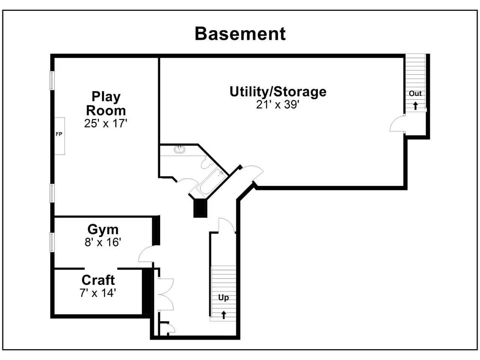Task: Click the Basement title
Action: click(x=240, y=34)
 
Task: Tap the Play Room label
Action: click(x=106, y=103)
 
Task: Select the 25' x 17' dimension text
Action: click(x=106, y=123)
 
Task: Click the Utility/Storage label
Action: click(x=278, y=91)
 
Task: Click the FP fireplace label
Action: click(x=59, y=134)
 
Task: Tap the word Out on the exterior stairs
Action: click(x=415, y=93)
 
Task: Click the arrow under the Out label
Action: click(x=415, y=106)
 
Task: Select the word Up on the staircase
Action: click(x=223, y=297)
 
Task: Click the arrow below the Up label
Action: click(x=223, y=315)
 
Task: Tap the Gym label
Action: click(x=103, y=230)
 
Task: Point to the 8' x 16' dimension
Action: click(x=103, y=242)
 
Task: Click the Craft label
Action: click(x=98, y=280)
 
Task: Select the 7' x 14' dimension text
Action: click(x=98, y=293)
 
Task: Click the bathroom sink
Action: click(x=180, y=149)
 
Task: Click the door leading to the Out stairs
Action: click(x=397, y=124)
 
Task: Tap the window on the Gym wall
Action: click(x=52, y=242)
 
